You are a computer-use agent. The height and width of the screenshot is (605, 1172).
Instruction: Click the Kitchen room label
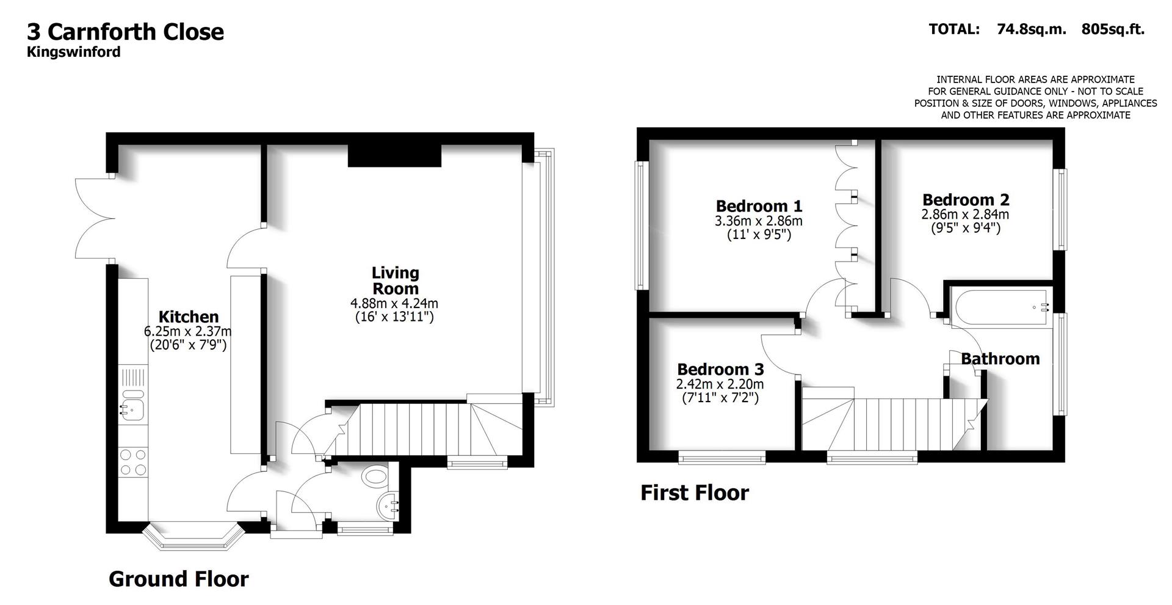coord(188,317)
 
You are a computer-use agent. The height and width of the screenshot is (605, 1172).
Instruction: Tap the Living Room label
coord(396,280)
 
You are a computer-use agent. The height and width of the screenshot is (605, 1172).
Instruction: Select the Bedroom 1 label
coord(759,206)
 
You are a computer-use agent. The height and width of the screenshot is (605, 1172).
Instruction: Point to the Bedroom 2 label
coord(965,200)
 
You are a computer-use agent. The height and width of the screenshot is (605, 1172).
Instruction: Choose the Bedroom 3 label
coord(720,369)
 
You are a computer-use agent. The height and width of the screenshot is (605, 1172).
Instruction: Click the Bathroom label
coord(1000,359)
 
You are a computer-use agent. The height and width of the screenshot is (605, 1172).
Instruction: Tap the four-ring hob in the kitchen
coord(133,462)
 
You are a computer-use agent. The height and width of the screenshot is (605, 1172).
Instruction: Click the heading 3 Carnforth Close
coord(125,32)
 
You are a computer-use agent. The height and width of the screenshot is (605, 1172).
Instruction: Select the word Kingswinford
coord(73,52)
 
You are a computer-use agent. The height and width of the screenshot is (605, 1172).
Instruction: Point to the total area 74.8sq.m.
coord(1031,29)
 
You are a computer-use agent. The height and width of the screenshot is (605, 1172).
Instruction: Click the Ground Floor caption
coord(178,579)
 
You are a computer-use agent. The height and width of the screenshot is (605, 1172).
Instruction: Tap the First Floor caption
coord(694,493)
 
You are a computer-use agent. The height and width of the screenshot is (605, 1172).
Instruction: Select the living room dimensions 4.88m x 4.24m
coord(394,303)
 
